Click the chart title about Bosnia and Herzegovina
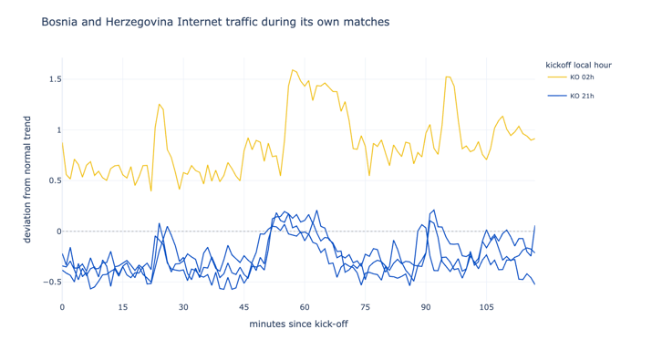pyautogui.click(x=215, y=22)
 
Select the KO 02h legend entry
pyautogui.click(x=571, y=77)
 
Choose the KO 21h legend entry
pyautogui.click(x=571, y=96)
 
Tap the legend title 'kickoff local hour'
pyautogui.click(x=578, y=65)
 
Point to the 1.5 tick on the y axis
pyautogui.click(x=56, y=79)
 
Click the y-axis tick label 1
pyautogui.click(x=59, y=130)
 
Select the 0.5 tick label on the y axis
pyautogui.click(x=56, y=180)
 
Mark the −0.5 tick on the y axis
pyautogui.click(x=52, y=283)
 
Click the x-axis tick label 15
pyautogui.click(x=123, y=308)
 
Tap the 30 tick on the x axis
pyautogui.click(x=183, y=308)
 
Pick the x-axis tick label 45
pyautogui.click(x=243, y=308)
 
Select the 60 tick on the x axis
pyautogui.click(x=305, y=308)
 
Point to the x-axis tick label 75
pyautogui.click(x=365, y=308)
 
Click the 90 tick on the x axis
pyautogui.click(x=425, y=308)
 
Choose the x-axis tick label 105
pyautogui.click(x=486, y=308)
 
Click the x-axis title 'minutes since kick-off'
pyautogui.click(x=298, y=324)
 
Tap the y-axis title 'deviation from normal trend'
pyautogui.click(x=27, y=180)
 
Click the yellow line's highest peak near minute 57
pyautogui.click(x=293, y=70)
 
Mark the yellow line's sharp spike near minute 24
pyautogui.click(x=159, y=104)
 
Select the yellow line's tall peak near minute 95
pyautogui.click(x=448, y=77)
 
